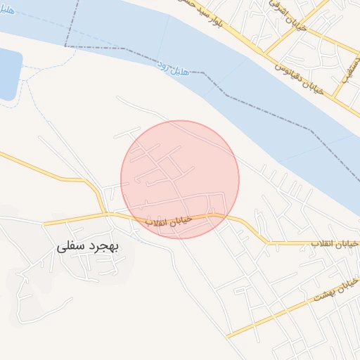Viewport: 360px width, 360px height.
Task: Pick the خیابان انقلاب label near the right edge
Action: tap(335, 243)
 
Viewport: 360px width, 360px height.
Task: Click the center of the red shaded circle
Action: tap(180, 179)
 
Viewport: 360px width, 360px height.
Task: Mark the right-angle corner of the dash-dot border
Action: tap(65, 46)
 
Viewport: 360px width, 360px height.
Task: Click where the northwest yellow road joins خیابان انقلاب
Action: tap(106, 213)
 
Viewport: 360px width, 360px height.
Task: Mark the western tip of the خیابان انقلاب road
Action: tap(46, 224)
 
